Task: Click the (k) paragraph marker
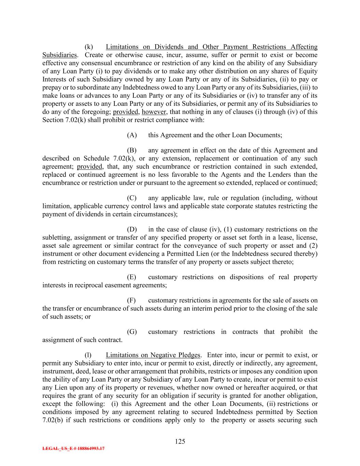click(89, 47)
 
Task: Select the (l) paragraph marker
click(88, 355)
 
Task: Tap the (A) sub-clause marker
click(132, 135)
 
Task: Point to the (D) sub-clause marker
click(132, 229)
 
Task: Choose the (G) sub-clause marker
click(132, 332)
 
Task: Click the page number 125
click(180, 442)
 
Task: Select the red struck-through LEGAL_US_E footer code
click(73, 449)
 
